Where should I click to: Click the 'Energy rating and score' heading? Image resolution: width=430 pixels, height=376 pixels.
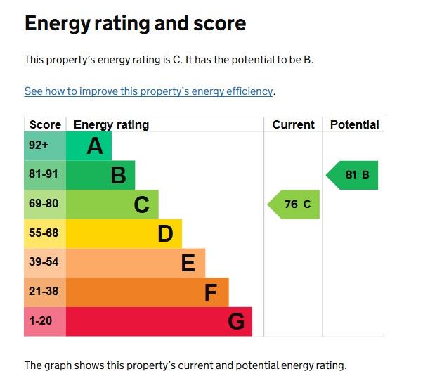tap(135, 24)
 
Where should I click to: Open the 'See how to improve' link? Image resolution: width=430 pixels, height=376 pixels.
tap(148, 91)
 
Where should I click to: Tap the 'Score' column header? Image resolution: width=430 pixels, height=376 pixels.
tap(45, 124)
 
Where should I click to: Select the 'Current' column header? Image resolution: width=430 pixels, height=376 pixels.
tap(293, 124)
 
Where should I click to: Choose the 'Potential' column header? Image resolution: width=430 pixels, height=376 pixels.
tap(354, 124)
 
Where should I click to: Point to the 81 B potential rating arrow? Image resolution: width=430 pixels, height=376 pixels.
tap(353, 175)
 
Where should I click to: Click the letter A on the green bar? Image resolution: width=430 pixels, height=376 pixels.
tap(95, 146)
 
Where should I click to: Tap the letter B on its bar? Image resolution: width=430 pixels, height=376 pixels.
tap(118, 175)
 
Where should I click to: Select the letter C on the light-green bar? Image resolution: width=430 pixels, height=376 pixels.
tap(141, 205)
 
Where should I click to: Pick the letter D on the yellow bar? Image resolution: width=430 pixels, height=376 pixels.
tap(165, 233)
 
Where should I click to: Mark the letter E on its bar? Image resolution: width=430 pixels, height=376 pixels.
tap(188, 263)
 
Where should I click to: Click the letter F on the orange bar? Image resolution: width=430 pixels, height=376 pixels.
tap(211, 292)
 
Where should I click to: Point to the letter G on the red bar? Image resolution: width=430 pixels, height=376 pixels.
tap(236, 322)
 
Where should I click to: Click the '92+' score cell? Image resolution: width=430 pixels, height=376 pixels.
tap(39, 146)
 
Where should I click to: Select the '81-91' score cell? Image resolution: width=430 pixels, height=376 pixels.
tap(43, 175)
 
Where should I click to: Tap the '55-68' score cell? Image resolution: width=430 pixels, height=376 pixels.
tap(43, 233)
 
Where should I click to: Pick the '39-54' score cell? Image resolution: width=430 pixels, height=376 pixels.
tap(43, 263)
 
